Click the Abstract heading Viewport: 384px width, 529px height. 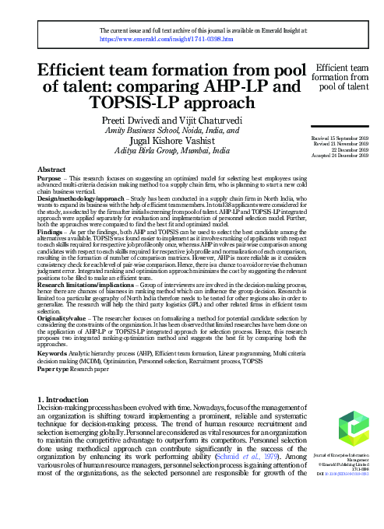click(51, 169)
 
